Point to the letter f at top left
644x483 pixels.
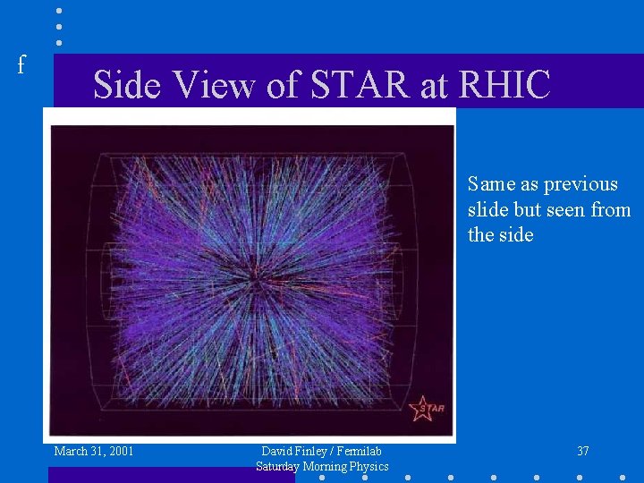pos(21,64)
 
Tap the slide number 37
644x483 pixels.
pos(582,452)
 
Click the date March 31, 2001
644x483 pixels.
pos(94,451)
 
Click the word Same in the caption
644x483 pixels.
pos(491,184)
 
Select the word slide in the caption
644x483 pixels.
pos(487,210)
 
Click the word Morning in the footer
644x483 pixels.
pos(326,466)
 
